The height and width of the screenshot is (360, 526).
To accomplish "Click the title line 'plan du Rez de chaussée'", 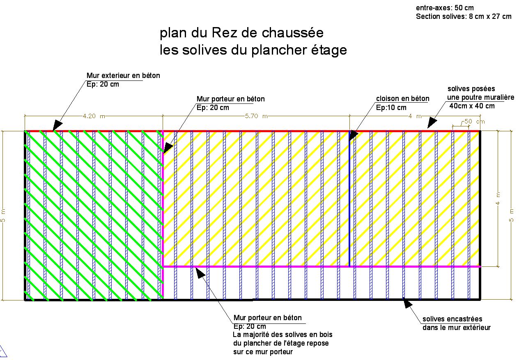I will (x=241, y=33).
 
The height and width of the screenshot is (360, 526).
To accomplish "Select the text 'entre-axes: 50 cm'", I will (x=445, y=8).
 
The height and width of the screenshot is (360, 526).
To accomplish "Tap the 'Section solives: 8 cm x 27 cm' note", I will (x=464, y=16).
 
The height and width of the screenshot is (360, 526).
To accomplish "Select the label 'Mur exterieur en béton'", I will (x=123, y=76).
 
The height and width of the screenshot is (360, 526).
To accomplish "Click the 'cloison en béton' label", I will (x=402, y=99).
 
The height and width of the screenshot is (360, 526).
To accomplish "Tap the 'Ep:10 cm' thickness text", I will (x=391, y=108).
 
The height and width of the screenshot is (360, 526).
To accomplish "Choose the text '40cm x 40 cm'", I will (x=472, y=106).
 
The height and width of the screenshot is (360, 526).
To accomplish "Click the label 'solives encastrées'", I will (x=452, y=319).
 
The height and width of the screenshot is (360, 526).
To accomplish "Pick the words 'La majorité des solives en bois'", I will (x=283, y=335).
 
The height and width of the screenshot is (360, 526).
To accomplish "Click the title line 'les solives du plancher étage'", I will (x=253, y=50).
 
